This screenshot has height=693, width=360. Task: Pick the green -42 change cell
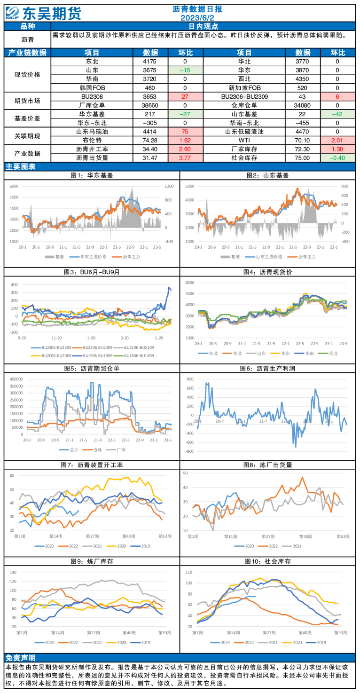coord(337,114)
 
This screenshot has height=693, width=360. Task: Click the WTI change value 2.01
coord(337,140)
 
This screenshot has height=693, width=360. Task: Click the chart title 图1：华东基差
coord(92,175)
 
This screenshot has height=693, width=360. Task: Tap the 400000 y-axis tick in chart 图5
coord(16,378)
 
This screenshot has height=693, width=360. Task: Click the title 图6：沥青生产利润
coord(269,369)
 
